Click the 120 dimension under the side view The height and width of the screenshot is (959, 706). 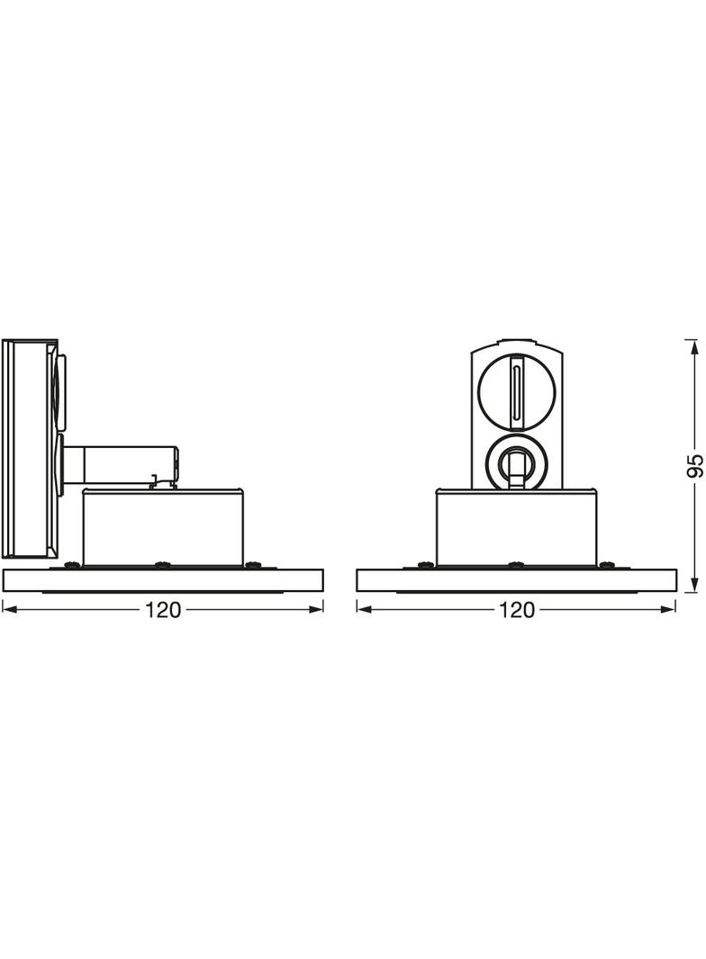163,609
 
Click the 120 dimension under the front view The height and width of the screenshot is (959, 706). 517,609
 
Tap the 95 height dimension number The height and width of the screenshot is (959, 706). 695,466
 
